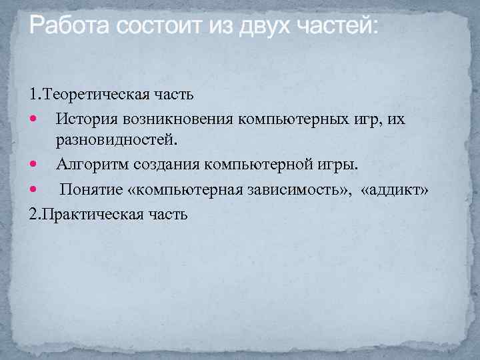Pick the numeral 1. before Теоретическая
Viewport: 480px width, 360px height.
tap(35, 94)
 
